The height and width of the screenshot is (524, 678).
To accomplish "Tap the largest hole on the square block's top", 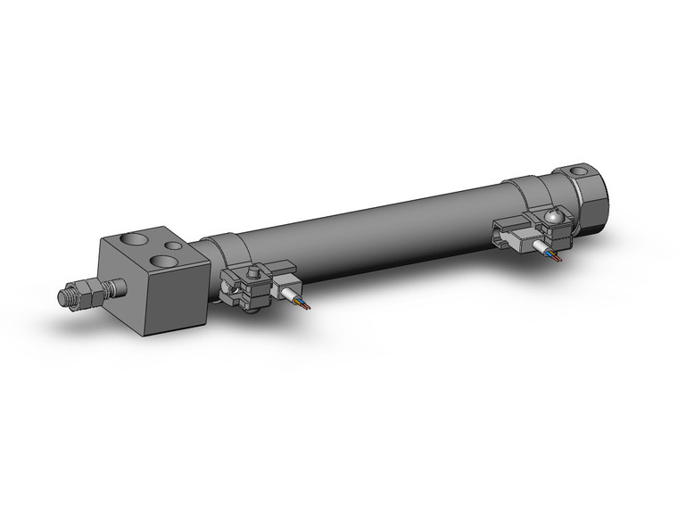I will pos(163,262).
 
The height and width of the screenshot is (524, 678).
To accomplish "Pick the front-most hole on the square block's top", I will pos(163,262).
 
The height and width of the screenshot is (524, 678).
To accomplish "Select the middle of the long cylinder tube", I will pos(375,232).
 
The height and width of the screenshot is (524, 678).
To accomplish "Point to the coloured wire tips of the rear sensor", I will pos(558,259).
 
